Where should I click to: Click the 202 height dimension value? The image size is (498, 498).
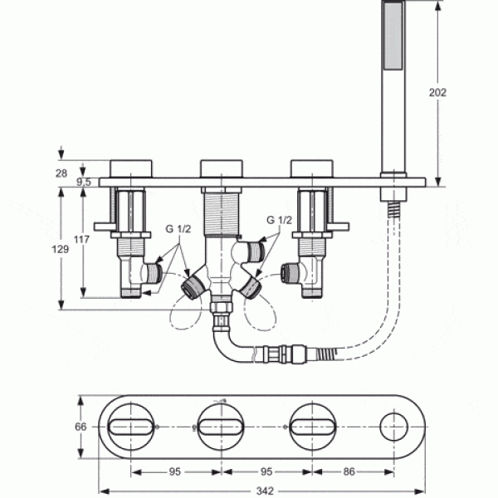pos(439,92)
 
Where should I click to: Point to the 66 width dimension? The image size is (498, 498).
pos(81,427)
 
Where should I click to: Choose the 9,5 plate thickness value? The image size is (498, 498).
pos(84,181)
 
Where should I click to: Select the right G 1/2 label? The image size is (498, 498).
pos(279,221)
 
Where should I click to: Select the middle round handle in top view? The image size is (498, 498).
pos(221,427)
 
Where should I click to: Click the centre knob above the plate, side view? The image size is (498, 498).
pos(221,167)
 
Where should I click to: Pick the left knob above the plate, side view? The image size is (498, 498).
pos(129,167)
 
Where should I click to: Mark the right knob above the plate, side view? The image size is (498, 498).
pos(312,167)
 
